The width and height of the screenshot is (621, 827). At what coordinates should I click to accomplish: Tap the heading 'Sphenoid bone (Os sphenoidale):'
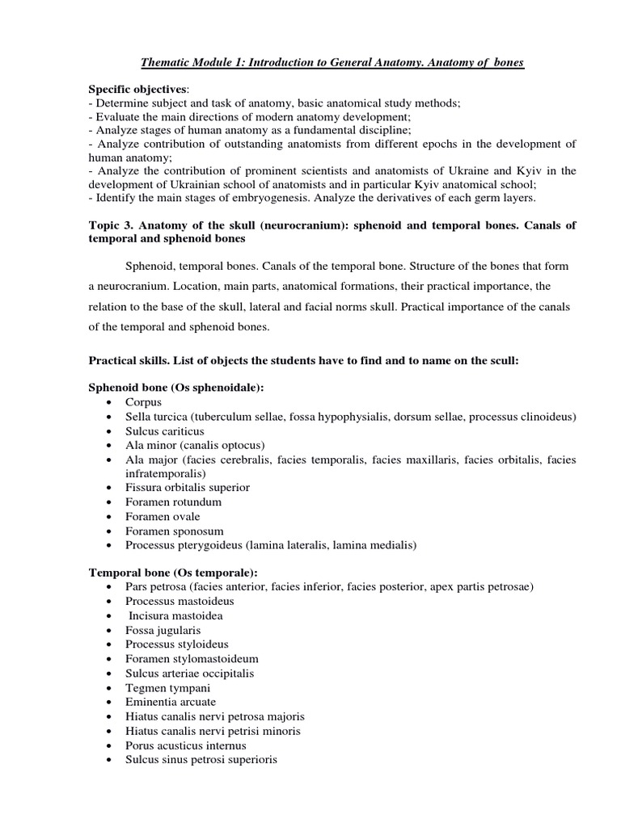[x=176, y=387]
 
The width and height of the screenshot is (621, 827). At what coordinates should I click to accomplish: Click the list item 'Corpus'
[x=143, y=401]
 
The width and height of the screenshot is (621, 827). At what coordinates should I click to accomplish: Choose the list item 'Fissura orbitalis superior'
[x=187, y=488]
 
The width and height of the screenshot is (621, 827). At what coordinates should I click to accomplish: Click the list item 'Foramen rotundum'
[x=173, y=502]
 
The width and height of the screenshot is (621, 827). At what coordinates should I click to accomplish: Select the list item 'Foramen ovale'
[x=163, y=516]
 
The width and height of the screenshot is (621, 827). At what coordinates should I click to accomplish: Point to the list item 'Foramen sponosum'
[x=175, y=531]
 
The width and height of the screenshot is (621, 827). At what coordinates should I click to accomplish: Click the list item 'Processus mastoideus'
[x=177, y=601]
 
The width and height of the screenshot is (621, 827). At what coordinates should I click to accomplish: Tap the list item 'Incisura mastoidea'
[x=175, y=615]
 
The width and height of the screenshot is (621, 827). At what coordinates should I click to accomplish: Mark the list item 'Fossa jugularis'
[x=163, y=630]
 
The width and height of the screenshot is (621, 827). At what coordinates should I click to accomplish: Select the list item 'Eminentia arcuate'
[x=171, y=702]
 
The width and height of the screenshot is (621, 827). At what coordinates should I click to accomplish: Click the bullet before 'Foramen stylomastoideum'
[x=109, y=659]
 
